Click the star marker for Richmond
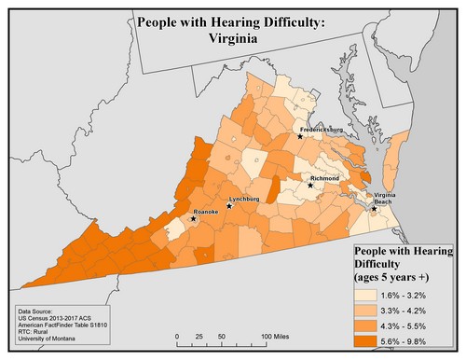(x=310, y=185)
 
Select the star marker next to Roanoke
(x=193, y=219)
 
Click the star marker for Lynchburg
(x=229, y=206)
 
